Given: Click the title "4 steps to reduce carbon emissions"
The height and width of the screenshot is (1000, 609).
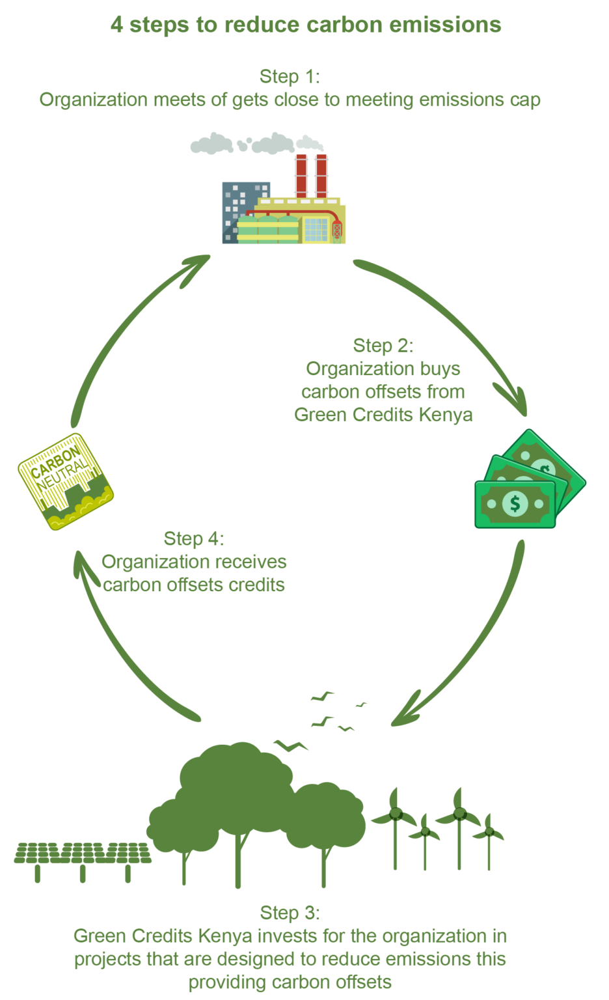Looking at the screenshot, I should coord(306,25).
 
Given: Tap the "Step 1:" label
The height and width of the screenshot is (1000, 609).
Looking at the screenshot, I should coord(290,76).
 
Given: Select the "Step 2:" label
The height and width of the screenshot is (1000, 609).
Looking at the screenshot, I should coord(383,345).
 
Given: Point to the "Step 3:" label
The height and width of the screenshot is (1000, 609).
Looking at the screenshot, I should coord(290,912).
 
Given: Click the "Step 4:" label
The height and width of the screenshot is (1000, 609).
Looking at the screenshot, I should coord(193,538).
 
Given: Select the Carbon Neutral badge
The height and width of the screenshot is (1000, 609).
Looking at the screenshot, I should coord(66,480).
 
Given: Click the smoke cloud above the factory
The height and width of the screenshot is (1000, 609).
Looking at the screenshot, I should coord(257,143).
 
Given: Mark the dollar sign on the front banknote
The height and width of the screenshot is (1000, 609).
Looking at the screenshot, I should coord(515,503).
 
